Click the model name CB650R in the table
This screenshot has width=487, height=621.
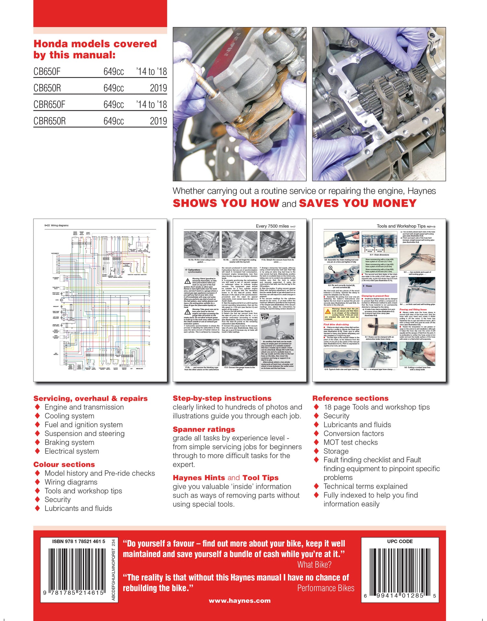pyautogui.click(x=47, y=88)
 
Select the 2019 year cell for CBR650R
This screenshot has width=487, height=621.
pyautogui.click(x=158, y=121)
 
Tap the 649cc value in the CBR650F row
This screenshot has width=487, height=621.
pyautogui.click(x=113, y=105)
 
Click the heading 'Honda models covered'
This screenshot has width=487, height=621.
pyautogui.click(x=95, y=44)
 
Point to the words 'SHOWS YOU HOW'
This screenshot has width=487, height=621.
pyautogui.click(x=226, y=203)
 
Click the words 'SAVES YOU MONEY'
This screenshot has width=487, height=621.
pyautogui.click(x=357, y=203)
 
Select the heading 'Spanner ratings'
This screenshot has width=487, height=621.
pyautogui.click(x=204, y=429)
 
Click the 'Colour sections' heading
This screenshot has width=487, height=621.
pyautogui.click(x=64, y=465)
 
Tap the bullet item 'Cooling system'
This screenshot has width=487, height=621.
pyautogui.click(x=69, y=416)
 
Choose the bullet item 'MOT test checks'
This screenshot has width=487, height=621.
pyautogui.click(x=350, y=442)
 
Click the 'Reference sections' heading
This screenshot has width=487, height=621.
pyautogui.click(x=350, y=398)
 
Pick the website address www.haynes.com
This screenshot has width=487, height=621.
pyautogui.click(x=240, y=601)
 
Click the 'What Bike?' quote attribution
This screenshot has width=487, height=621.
pyautogui.click(x=314, y=565)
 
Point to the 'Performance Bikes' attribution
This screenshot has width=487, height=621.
pyautogui.click(x=326, y=588)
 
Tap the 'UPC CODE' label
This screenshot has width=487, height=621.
pyautogui.click(x=400, y=541)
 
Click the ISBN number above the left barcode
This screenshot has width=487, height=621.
pyautogui.click(x=79, y=541)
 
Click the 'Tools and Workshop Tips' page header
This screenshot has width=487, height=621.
pyautogui.click(x=401, y=226)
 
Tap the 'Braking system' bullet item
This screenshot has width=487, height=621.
pyautogui.click(x=69, y=442)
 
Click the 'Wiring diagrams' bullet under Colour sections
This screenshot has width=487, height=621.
pyautogui.click(x=71, y=482)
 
